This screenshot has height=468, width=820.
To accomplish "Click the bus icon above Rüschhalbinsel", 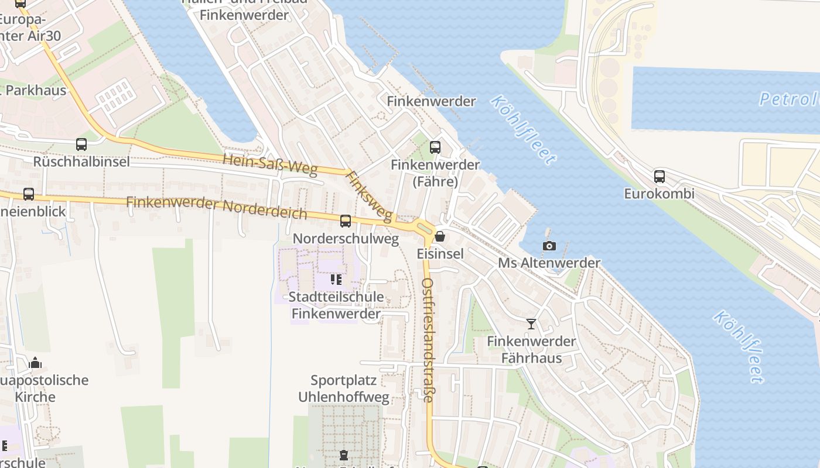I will (x=81, y=144).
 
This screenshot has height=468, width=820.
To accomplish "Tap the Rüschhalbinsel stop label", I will (x=81, y=161).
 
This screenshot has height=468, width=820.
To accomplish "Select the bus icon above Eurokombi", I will (x=660, y=176).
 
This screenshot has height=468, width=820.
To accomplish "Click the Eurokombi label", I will (x=659, y=194).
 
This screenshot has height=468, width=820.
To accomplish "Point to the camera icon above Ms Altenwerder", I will (x=549, y=246).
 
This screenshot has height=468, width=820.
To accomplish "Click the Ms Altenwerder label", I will (x=549, y=263).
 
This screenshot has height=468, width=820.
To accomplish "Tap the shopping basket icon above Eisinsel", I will (x=440, y=236).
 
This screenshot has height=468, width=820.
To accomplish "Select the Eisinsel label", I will (x=440, y=254).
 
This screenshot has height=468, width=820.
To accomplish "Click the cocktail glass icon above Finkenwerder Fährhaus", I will (x=531, y=324).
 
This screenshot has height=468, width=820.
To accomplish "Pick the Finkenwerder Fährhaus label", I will (x=532, y=349).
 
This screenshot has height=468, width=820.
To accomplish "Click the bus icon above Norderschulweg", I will (x=346, y=221).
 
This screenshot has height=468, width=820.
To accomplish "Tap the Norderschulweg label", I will (x=346, y=239).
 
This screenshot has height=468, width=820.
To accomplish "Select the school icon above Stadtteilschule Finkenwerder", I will (x=336, y=280).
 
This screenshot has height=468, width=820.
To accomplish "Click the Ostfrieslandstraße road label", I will (x=428, y=340).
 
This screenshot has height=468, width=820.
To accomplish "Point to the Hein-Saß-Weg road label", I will (x=270, y=165).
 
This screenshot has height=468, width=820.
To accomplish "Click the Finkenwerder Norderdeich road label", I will (x=216, y=207).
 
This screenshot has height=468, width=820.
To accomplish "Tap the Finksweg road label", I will (x=368, y=197).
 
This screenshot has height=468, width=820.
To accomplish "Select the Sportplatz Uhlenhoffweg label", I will (x=344, y=389).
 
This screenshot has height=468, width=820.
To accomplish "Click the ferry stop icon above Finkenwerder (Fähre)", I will (x=435, y=147).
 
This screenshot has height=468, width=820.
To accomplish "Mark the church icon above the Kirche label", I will (x=35, y=363).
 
